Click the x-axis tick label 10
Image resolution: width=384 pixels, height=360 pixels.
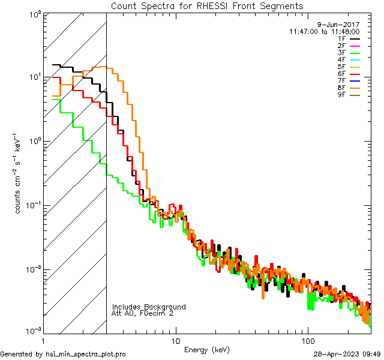click(175, 341)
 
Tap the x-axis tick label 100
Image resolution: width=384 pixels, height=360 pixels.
click(307, 341)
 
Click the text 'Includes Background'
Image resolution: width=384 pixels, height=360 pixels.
click(149, 307)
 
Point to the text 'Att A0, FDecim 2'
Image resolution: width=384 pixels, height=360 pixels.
click(142, 313)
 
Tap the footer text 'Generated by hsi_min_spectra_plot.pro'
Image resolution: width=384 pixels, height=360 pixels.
click(63, 355)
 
